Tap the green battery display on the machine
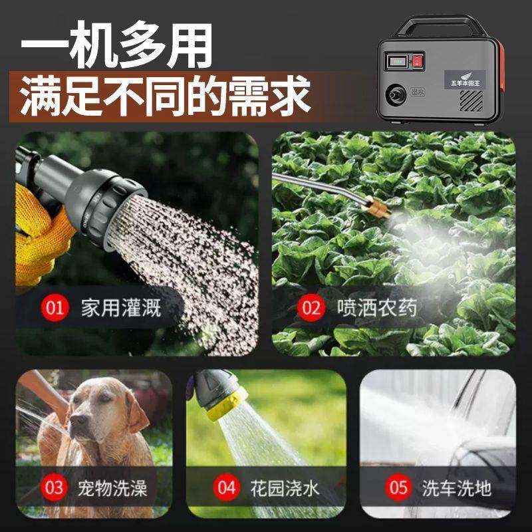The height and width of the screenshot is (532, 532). [399, 61]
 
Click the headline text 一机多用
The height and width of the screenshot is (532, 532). [117, 48]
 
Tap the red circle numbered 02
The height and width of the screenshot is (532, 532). [310, 307]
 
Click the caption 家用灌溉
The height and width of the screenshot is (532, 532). [121, 307]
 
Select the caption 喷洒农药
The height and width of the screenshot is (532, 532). [377, 307]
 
